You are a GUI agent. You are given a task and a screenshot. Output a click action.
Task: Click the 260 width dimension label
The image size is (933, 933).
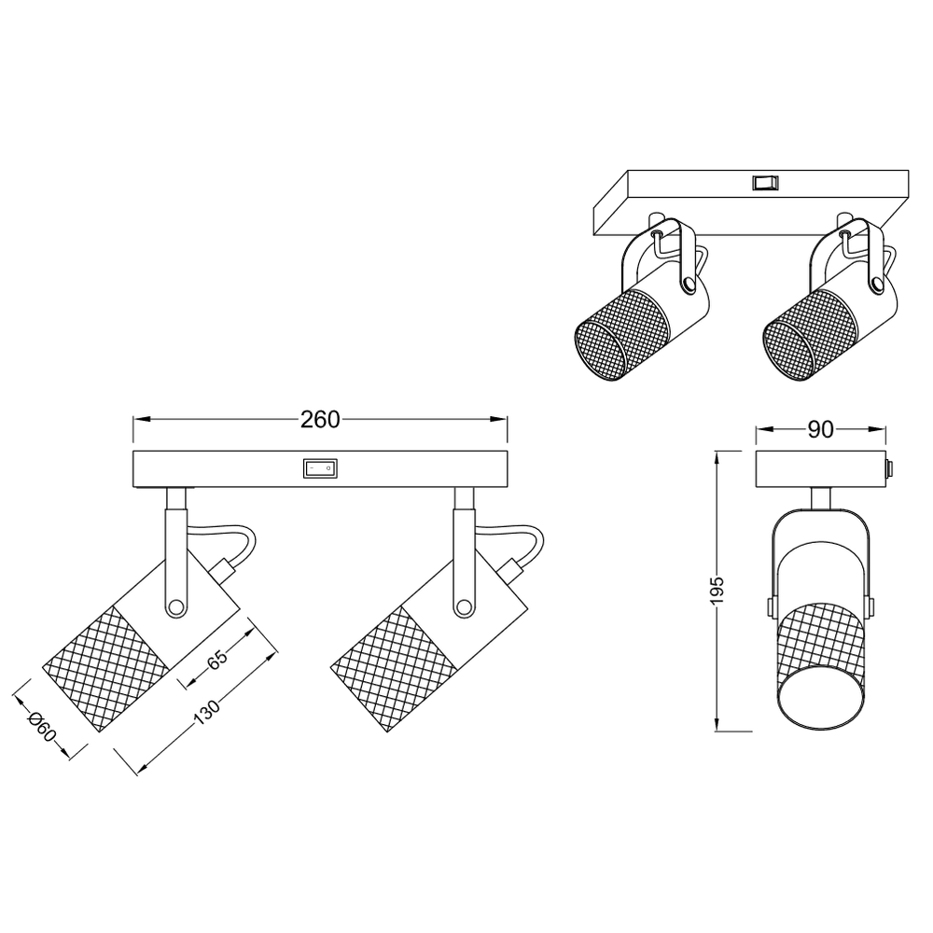point(319,420)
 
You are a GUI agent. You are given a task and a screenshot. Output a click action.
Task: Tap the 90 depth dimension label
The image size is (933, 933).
point(820,429)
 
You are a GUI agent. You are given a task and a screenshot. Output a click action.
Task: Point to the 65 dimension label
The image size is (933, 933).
point(217,660)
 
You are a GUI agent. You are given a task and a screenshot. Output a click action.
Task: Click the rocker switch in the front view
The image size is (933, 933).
point(320,468)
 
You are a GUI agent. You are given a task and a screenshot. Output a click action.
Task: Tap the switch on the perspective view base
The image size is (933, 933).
point(765,183)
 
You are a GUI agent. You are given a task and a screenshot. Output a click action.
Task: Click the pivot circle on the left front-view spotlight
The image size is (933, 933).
point(175,607)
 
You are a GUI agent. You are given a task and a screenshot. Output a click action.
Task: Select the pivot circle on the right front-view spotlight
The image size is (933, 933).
point(463,607)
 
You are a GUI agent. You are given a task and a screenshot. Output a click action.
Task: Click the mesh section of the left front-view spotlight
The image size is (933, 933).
point(104,668)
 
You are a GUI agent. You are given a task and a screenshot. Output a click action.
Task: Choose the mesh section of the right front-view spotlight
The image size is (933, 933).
point(394,668)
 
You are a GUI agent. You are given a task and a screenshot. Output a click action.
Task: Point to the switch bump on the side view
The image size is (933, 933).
point(889,469)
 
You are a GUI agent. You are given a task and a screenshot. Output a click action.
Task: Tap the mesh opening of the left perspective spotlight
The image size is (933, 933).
point(602,349)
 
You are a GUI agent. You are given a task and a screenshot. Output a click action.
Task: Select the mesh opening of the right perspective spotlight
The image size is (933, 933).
point(790,349)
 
